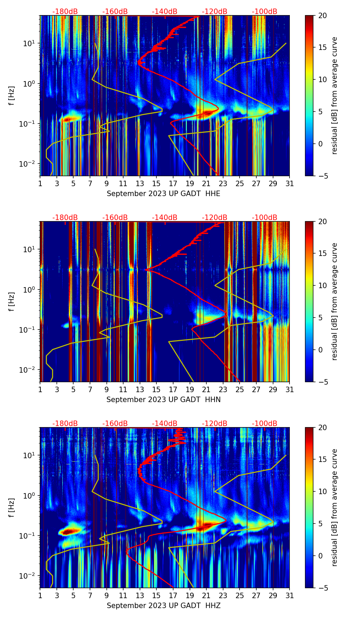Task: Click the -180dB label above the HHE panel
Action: (x=65, y=12)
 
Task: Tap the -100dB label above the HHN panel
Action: (x=265, y=218)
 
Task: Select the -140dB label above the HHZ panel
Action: (x=165, y=424)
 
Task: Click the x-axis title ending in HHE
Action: (x=163, y=194)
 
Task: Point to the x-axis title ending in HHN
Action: (x=163, y=400)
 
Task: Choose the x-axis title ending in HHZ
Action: (x=163, y=606)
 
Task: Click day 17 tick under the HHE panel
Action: (x=173, y=184)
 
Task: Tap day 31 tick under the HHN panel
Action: (x=290, y=390)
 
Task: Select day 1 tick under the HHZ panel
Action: (x=40, y=596)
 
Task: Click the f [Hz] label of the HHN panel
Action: (x=12, y=301)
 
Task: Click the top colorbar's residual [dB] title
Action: (x=334, y=95)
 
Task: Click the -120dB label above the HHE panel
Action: (x=215, y=12)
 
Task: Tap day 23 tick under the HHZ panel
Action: (x=223, y=596)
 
